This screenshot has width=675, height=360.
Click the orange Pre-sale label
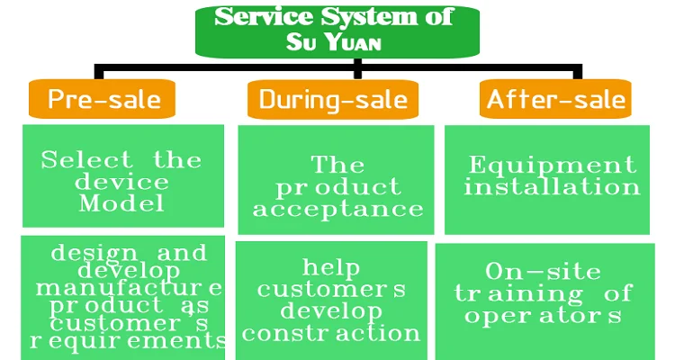(100, 98)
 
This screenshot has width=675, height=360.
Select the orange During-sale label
(333, 98)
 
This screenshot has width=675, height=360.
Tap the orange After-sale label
(555, 98)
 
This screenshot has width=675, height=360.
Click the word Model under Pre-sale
(121, 203)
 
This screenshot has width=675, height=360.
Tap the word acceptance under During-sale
(337, 210)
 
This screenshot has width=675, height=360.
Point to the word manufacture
(129, 288)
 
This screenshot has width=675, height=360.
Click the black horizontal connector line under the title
(225, 67)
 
